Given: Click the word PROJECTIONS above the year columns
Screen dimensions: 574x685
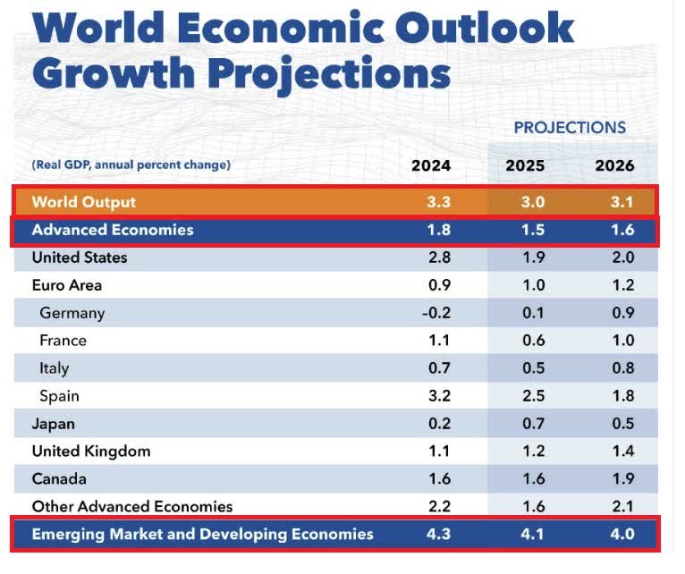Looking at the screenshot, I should point(570,127).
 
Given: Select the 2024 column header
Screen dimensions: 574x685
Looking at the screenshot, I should point(431,165).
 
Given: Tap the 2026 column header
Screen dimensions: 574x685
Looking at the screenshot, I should point(614,165).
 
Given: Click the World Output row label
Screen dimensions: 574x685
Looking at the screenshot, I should point(84,202).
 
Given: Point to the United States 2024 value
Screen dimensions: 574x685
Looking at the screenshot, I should point(438,257).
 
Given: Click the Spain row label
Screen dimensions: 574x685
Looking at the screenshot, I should point(59,395).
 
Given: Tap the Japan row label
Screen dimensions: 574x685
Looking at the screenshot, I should point(54,424).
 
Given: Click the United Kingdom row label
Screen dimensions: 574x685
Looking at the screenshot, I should point(91,452).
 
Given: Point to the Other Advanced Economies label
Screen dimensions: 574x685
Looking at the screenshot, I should point(132,507).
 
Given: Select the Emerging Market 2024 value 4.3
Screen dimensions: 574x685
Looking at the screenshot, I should point(438,535).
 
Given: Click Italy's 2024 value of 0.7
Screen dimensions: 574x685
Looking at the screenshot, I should point(438,367).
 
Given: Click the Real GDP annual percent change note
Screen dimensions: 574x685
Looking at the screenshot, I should point(131,165).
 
